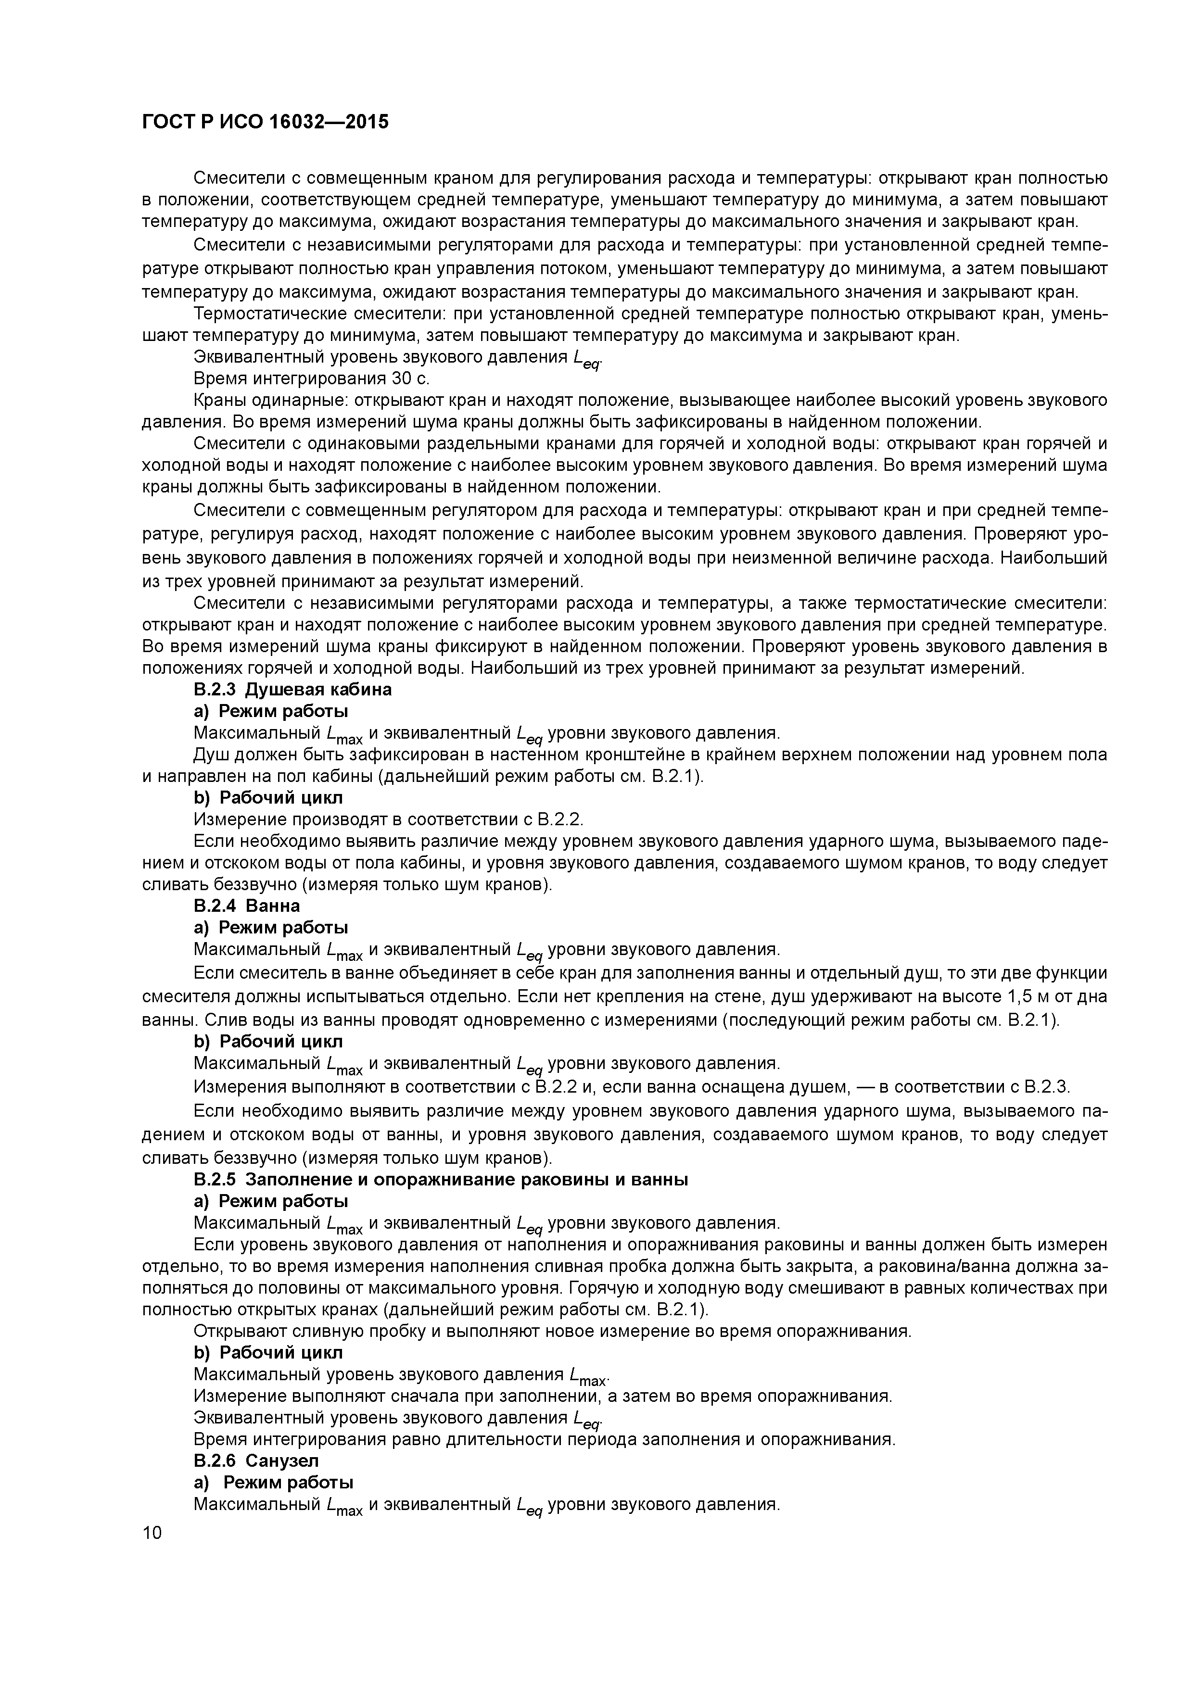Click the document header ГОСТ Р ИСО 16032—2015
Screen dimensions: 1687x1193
(x=265, y=122)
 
